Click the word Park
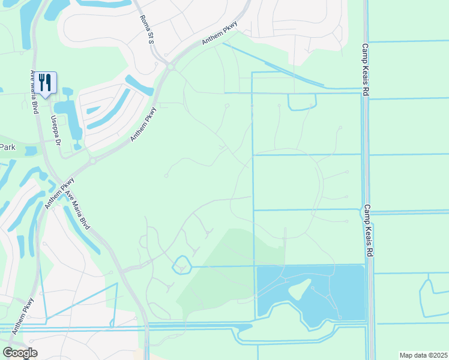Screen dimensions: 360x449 (7, 147)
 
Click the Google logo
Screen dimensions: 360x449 (20, 353)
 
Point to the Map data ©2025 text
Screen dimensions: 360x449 (423, 355)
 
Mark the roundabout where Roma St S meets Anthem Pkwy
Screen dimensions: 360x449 (170, 67)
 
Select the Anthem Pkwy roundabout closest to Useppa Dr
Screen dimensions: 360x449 (92, 161)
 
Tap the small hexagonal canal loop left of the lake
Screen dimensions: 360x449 (181, 265)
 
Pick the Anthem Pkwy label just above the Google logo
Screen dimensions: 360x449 (28, 314)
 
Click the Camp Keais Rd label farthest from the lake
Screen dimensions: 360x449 (364, 69)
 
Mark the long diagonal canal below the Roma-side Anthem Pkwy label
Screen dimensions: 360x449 (273, 64)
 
